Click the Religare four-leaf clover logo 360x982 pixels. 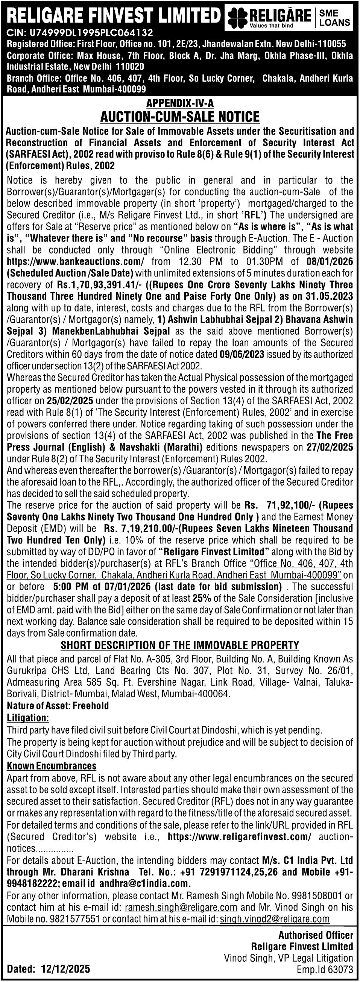(x=237, y=18)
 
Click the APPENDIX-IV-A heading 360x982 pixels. (x=179, y=103)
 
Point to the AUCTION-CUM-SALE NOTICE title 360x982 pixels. (x=179, y=116)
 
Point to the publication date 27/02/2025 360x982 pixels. (x=330, y=447)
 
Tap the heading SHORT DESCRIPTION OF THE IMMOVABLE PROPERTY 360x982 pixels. (x=179, y=645)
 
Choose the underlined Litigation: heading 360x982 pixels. (x=28, y=718)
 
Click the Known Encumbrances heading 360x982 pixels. (x=52, y=766)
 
